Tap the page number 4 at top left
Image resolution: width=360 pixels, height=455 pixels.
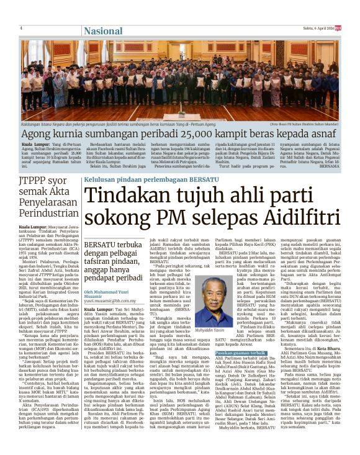pyautogui.click(x=21, y=28)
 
